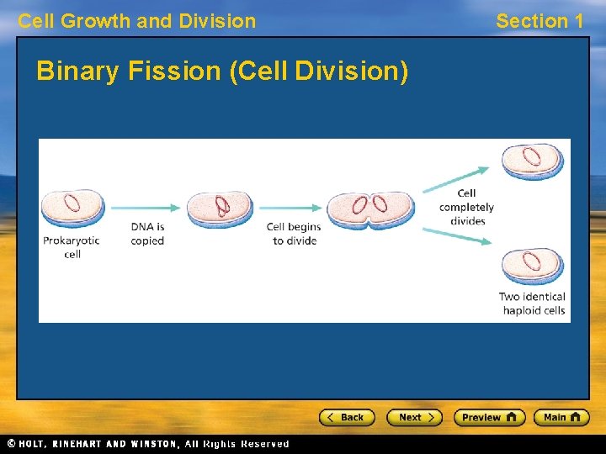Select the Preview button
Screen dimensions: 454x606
(x=489, y=417)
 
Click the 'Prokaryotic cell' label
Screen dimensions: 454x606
(x=72, y=247)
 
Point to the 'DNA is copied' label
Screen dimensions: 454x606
(x=147, y=234)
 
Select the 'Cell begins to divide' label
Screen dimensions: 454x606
(x=294, y=234)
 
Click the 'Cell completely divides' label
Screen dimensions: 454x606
(x=467, y=208)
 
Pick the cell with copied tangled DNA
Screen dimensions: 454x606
(x=220, y=209)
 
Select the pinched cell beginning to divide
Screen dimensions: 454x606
(x=370, y=209)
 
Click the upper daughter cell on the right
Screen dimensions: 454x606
(x=533, y=161)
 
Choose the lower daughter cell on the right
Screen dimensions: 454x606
(x=533, y=265)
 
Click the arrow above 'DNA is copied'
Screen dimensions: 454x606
(x=145, y=208)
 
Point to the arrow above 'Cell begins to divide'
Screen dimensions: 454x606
(x=290, y=208)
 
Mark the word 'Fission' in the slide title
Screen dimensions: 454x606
(x=176, y=72)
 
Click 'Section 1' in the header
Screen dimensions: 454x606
(x=540, y=21)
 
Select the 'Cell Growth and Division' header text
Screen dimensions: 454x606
(x=137, y=21)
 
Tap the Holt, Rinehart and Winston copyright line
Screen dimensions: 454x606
(x=148, y=444)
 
